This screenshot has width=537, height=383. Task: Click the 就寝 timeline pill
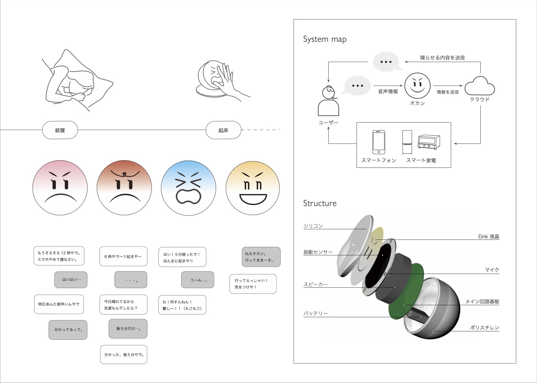point(60,130)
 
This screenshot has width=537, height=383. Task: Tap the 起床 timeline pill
point(223,130)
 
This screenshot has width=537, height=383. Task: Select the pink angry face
point(60,188)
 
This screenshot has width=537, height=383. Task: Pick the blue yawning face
point(188,188)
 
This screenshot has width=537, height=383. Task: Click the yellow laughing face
point(253,188)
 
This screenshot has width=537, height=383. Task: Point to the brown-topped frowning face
point(124,188)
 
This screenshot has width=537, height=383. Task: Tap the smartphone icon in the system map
point(379,142)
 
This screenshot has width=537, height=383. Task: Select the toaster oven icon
point(429,142)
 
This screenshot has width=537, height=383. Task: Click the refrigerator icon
point(407,142)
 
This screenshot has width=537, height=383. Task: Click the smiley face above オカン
point(418,86)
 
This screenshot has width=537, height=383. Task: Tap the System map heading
point(325,39)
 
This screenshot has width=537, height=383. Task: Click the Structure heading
point(320,203)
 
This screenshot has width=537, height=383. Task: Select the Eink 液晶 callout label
point(489,236)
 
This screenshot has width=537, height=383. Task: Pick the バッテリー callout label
point(316,313)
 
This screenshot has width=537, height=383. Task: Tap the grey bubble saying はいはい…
point(71,280)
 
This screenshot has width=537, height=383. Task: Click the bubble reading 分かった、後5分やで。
point(124,354)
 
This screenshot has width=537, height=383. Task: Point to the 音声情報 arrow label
point(388,92)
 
